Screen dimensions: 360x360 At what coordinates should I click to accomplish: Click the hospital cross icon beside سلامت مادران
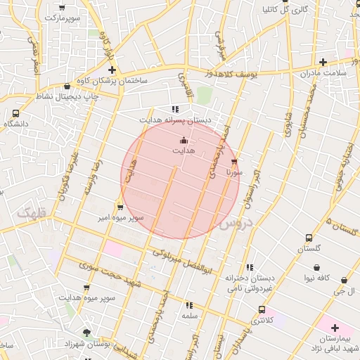[x=323, y=63]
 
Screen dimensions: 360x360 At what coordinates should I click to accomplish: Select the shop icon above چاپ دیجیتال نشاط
[x=67, y=86]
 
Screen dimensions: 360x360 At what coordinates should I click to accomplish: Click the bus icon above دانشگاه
[x=16, y=113]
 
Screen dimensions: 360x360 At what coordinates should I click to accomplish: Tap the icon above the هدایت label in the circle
[x=184, y=140]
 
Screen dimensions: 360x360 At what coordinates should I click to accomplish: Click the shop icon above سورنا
[x=234, y=161]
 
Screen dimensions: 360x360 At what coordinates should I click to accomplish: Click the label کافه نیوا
[x=318, y=278]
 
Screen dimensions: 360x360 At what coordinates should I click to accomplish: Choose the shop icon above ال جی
[x=343, y=279]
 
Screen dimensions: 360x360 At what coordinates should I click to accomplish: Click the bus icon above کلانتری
[x=262, y=309]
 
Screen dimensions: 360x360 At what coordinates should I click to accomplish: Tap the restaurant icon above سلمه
[x=188, y=305]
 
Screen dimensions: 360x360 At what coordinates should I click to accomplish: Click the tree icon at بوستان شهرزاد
[x=86, y=333]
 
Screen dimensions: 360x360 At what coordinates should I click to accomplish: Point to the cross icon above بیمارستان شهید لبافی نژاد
[x=335, y=328]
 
